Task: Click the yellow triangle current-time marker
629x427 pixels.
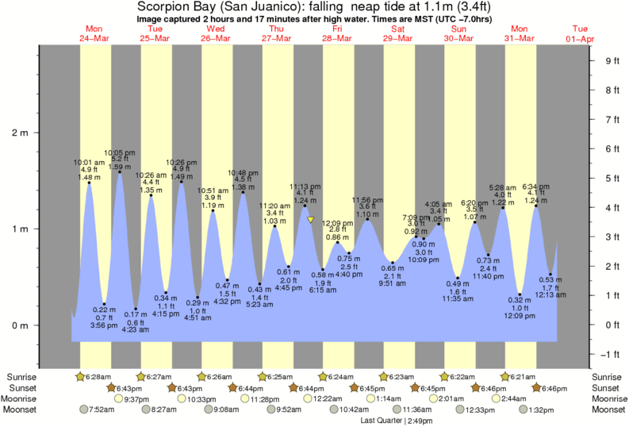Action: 311,220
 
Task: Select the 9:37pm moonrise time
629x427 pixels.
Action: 137,398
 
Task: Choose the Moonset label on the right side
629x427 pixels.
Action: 608,410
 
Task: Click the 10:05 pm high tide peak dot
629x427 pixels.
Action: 120,172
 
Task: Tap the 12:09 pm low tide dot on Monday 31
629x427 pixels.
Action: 520,294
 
